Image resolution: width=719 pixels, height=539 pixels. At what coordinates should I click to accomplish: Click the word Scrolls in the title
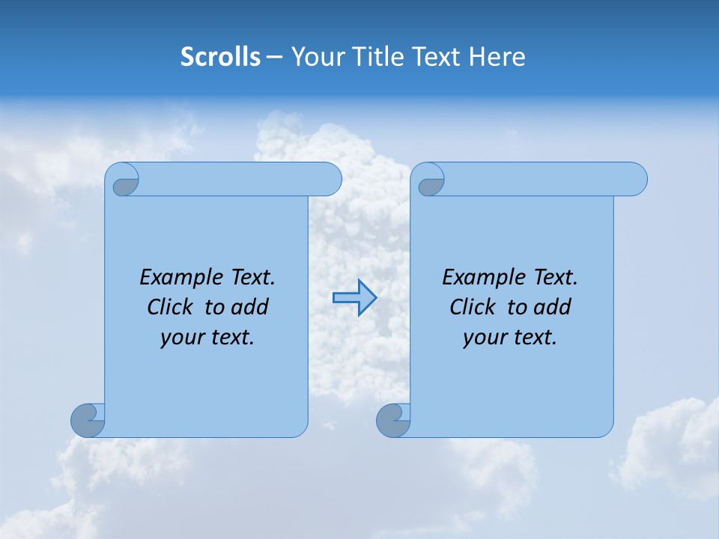click(220, 57)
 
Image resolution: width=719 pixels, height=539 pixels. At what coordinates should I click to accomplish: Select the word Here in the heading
click(497, 57)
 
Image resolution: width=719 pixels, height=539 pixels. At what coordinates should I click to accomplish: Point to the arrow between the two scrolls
click(354, 298)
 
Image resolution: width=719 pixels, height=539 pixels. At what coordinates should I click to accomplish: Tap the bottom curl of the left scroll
click(88, 420)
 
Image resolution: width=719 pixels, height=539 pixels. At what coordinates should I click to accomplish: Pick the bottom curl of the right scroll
click(393, 420)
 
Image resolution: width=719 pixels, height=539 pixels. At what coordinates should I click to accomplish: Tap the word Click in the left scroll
click(163, 307)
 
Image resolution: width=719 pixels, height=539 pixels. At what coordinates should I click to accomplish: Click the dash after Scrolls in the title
click(275, 57)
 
